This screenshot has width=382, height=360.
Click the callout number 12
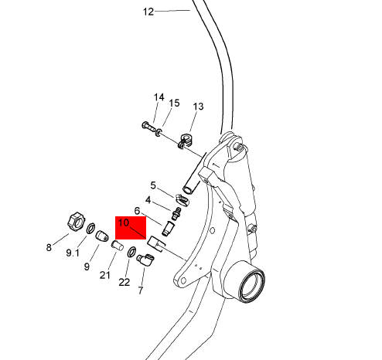(x=148, y=12)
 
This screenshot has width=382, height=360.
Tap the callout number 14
(x=159, y=97)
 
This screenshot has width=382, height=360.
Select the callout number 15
(x=174, y=103)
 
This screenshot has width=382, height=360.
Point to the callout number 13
(x=198, y=107)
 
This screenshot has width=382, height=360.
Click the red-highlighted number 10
(x=124, y=222)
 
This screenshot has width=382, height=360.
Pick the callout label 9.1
(x=73, y=253)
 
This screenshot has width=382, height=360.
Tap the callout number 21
(x=105, y=275)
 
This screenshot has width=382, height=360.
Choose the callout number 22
(x=124, y=283)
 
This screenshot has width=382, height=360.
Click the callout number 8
(x=49, y=248)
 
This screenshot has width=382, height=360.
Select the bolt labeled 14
(x=148, y=126)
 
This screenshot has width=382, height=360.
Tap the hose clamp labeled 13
(x=186, y=141)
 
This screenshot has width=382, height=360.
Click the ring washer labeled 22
(x=131, y=252)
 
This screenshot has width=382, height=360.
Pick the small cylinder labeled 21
(x=118, y=245)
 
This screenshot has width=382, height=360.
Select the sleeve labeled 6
(x=168, y=228)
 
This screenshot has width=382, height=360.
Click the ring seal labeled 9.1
(x=90, y=228)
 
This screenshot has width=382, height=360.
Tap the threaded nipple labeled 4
(x=176, y=214)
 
